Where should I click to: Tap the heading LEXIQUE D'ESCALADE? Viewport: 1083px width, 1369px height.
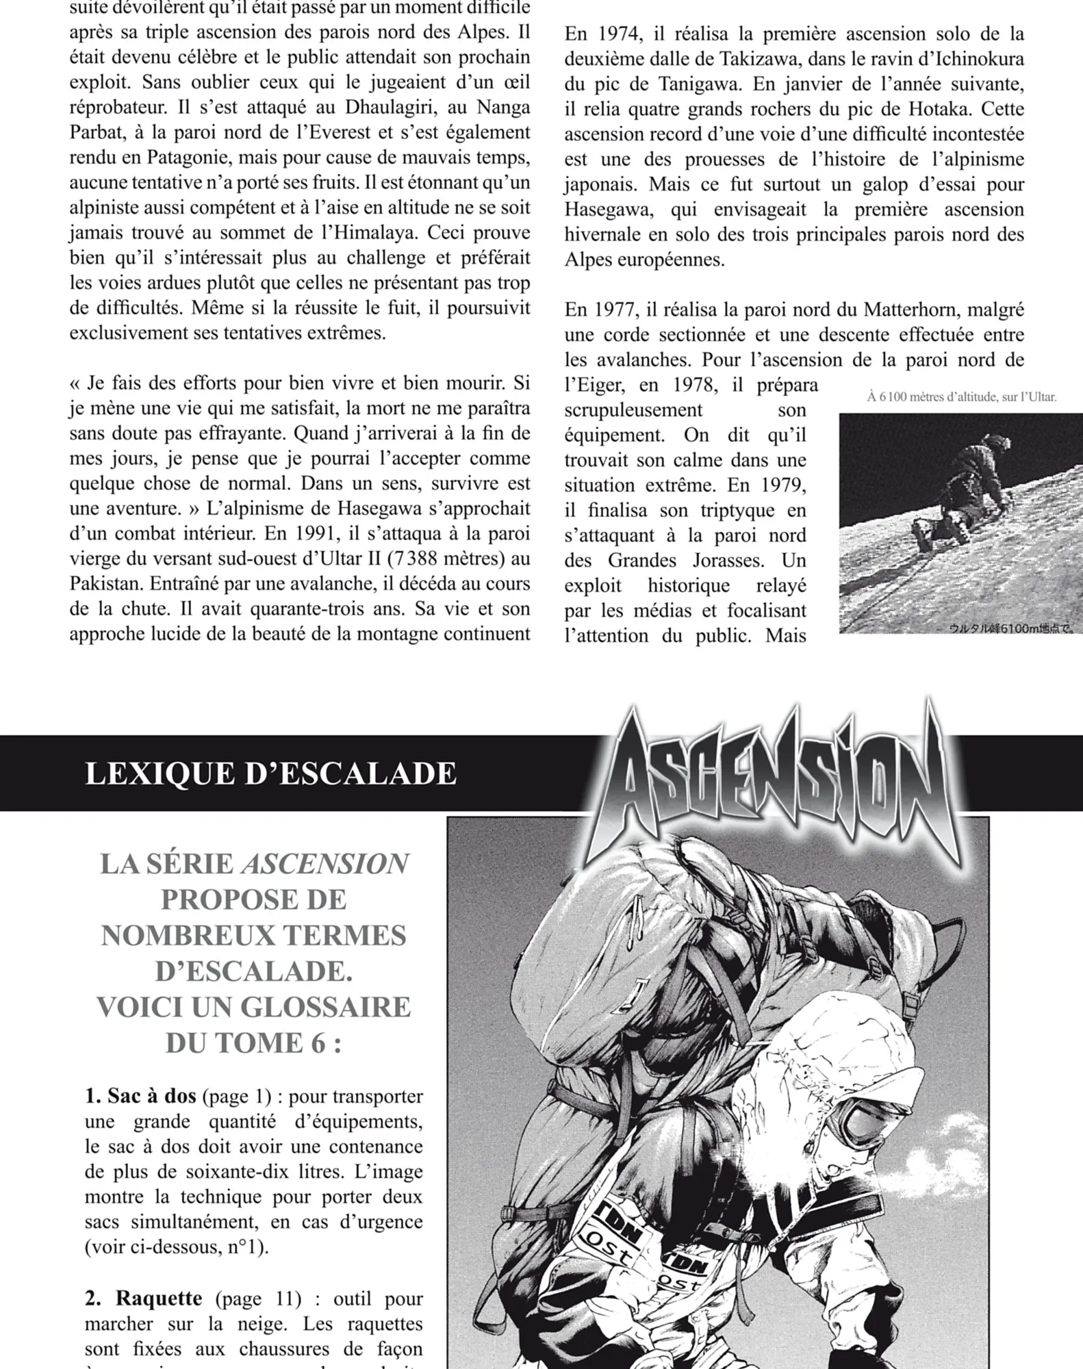[x=270, y=774]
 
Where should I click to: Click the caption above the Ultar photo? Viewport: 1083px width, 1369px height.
[x=961, y=397]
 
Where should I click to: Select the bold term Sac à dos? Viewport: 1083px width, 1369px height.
[x=140, y=1096]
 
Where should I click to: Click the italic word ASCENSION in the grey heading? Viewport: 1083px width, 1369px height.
[x=324, y=865]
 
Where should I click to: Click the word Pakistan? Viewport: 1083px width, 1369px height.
[x=105, y=584]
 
